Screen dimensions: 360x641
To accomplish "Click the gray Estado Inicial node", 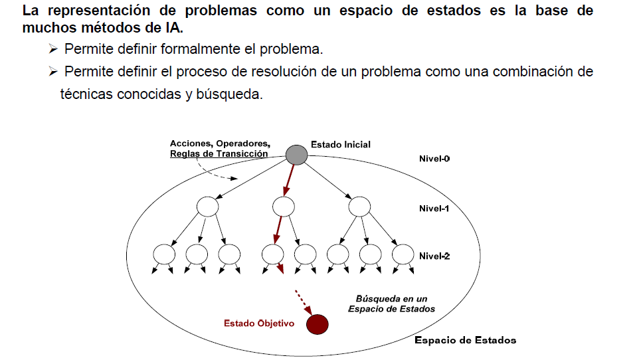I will [296, 154].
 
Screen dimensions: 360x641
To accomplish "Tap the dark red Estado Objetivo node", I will [318, 323].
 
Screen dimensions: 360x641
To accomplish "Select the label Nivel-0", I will [434, 159].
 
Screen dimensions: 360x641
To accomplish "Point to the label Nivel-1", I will [434, 208].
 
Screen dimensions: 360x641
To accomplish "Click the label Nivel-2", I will [434, 256].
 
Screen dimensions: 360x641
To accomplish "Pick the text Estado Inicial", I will [341, 144].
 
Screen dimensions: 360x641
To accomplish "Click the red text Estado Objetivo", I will [259, 324].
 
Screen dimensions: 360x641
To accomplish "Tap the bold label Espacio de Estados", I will [465, 340].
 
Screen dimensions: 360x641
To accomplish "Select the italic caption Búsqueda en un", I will [391, 298].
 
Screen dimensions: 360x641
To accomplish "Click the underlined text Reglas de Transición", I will [219, 153].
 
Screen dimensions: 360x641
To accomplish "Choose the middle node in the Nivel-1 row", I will [283, 207].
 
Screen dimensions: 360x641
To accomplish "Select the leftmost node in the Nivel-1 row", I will [207, 207].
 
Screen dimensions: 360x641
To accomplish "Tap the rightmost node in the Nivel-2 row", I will [403, 254].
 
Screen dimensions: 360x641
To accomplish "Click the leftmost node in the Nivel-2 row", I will [163, 254].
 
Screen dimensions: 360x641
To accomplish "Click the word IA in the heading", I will [171, 29].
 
